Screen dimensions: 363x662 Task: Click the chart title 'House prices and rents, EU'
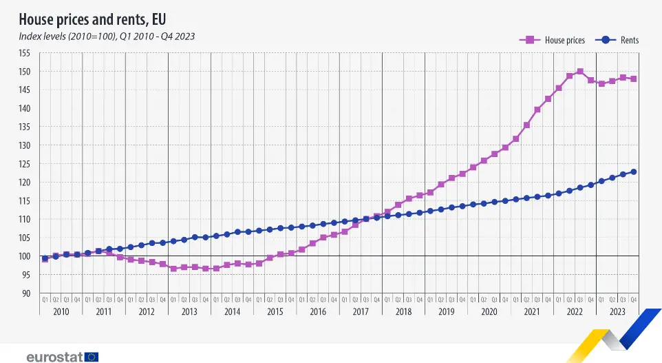tap(92, 18)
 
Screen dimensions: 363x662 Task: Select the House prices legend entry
tap(552, 40)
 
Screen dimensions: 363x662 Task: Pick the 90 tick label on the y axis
tap(26, 293)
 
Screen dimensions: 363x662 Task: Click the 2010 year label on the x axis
tap(61, 312)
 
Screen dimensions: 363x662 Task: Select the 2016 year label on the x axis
tap(318, 312)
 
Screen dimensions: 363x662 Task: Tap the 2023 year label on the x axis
tap(617, 312)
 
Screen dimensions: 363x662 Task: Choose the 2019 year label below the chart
tap(446, 312)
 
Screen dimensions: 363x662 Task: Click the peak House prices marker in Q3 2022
tap(580, 72)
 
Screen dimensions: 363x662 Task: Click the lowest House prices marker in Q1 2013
tap(173, 268)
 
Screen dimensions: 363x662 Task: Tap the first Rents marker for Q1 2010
tap(45, 258)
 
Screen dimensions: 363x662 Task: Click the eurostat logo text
tap(54, 356)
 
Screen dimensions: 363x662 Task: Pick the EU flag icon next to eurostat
tap(92, 356)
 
